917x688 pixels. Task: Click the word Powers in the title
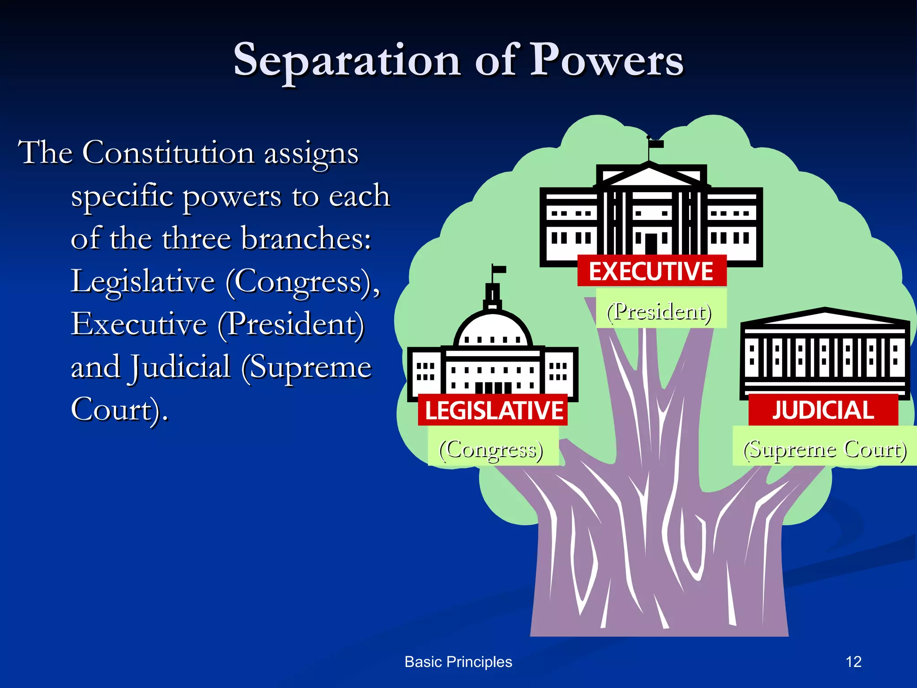(607, 60)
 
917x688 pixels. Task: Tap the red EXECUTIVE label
(651, 271)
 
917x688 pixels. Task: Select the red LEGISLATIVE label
(493, 410)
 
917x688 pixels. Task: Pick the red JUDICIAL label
(823, 410)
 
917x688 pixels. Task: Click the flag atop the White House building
(657, 144)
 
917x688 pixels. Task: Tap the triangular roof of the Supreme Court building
(825, 317)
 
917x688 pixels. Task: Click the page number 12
(853, 662)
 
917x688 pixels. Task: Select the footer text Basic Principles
(458, 662)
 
